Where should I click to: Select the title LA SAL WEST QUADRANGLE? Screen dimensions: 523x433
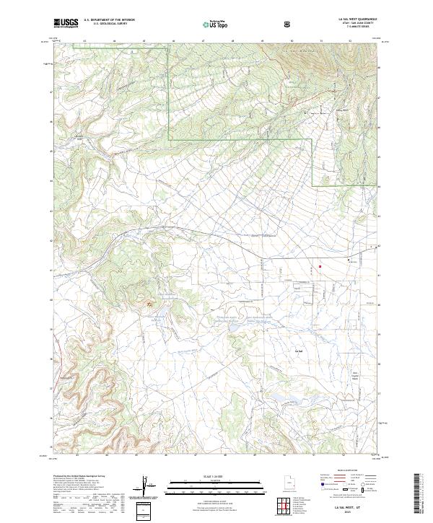pyautogui.click(x=351, y=20)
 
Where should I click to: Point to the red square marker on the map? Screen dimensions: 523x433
pyautogui.click(x=320, y=266)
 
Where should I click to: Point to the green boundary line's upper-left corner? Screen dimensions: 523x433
pyautogui.click(x=170, y=42)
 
